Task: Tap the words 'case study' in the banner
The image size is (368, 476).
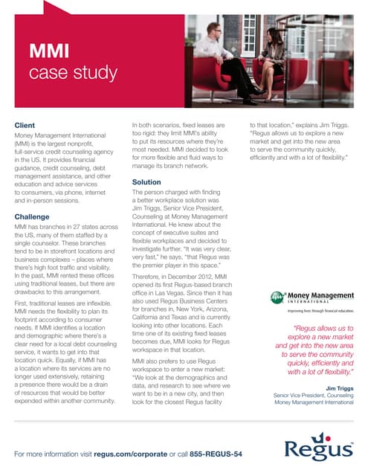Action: (x=72, y=72)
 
